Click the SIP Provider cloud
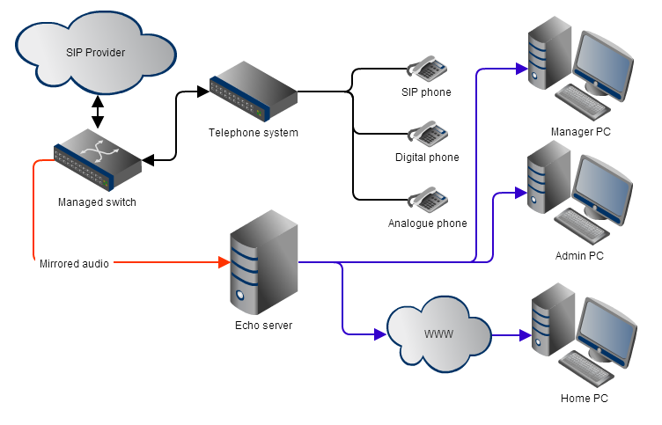pyautogui.click(x=96, y=53)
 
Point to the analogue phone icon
pyautogui.click(x=427, y=199)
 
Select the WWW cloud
pyautogui.click(x=439, y=334)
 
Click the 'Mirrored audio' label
pyautogui.click(x=75, y=263)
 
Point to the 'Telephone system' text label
pyautogui.click(x=254, y=133)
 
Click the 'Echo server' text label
pyautogui.click(x=264, y=326)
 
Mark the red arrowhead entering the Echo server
pyautogui.click(x=223, y=262)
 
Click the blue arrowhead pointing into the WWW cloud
pyautogui.click(x=379, y=334)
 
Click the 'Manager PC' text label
pyautogui.click(x=581, y=132)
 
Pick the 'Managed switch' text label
pyautogui.click(x=97, y=202)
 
